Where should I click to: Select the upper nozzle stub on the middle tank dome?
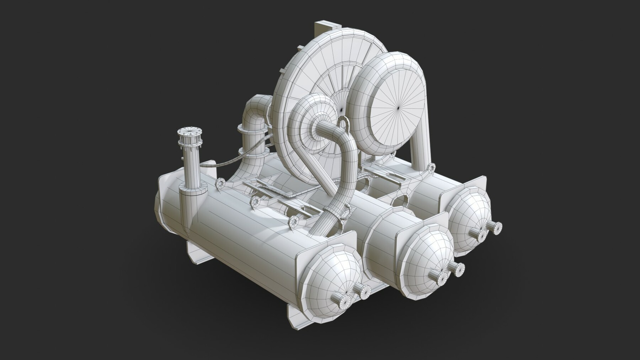pos(456,268)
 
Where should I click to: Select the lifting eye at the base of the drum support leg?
pos(432,167)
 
